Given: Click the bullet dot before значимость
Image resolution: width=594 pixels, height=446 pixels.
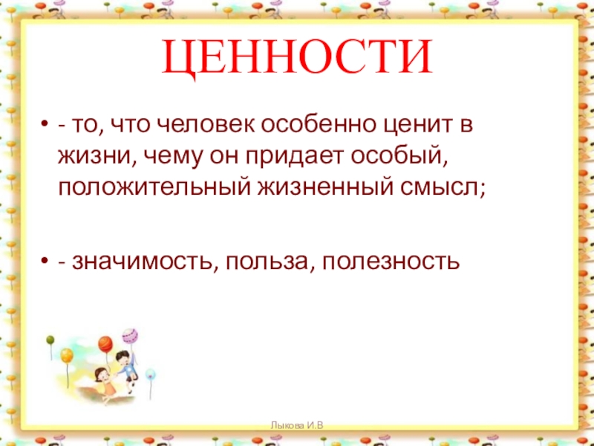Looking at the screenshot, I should coord(45,261).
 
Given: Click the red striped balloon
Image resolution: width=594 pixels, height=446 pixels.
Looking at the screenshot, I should coord(105,344).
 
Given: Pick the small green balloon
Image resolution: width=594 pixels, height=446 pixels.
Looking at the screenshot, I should coord(50,340).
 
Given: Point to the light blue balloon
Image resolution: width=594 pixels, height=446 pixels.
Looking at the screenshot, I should coord(150,374).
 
